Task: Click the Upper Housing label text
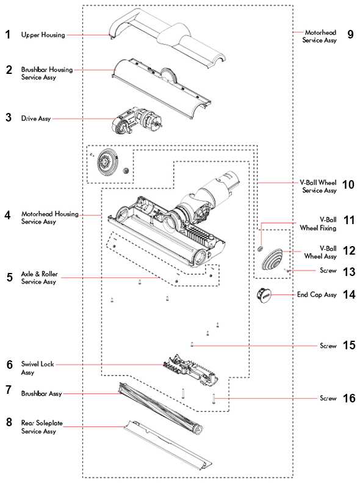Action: [x=43, y=35]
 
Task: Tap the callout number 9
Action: [x=350, y=34]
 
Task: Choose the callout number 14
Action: [x=348, y=294]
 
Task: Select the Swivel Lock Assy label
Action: [x=38, y=368]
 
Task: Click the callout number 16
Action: [x=348, y=398]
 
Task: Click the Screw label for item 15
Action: [x=328, y=346]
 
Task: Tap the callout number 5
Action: [x=9, y=278]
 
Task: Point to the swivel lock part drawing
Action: [x=191, y=371]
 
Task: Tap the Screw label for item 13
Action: [x=328, y=271]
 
